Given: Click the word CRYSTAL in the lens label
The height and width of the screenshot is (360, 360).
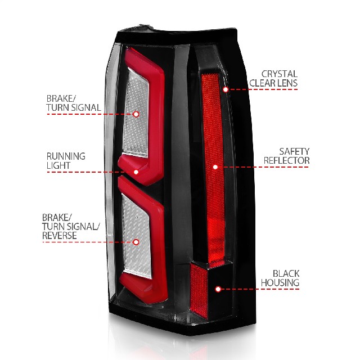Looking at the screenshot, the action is click(x=280, y=74).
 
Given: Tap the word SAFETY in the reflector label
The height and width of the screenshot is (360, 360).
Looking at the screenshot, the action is click(x=294, y=151).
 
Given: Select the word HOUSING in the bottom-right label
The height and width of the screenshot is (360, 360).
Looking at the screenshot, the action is click(x=280, y=282).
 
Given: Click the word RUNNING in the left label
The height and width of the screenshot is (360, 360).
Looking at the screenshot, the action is click(x=66, y=156).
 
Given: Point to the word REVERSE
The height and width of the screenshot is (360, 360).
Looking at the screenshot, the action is click(x=59, y=236).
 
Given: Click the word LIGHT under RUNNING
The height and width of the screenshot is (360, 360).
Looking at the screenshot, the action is click(x=58, y=165).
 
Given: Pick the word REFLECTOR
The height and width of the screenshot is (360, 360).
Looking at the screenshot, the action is click(x=286, y=160).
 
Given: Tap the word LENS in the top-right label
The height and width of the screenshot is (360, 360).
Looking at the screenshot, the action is click(x=287, y=83).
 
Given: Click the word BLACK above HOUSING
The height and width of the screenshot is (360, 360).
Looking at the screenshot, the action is click(x=286, y=273).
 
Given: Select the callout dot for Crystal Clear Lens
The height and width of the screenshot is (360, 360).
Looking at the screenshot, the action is click(x=226, y=89).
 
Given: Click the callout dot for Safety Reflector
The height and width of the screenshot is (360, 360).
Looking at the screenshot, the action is click(x=215, y=167).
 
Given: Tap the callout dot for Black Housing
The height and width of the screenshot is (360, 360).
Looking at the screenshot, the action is click(x=218, y=289).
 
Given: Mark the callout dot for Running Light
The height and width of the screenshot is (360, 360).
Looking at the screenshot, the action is click(x=136, y=172).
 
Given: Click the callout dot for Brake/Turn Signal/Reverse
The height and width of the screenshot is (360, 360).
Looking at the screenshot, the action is click(x=136, y=242).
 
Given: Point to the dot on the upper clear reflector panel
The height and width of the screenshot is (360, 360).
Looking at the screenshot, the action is click(x=136, y=114).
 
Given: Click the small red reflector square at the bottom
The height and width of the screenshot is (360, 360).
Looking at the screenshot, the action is click(x=199, y=290).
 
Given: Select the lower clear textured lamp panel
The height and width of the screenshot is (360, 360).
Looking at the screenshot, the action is click(x=137, y=236).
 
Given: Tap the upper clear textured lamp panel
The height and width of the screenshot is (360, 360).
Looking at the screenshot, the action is click(x=137, y=112).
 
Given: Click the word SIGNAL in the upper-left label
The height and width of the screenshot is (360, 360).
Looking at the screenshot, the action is click(x=86, y=107).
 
